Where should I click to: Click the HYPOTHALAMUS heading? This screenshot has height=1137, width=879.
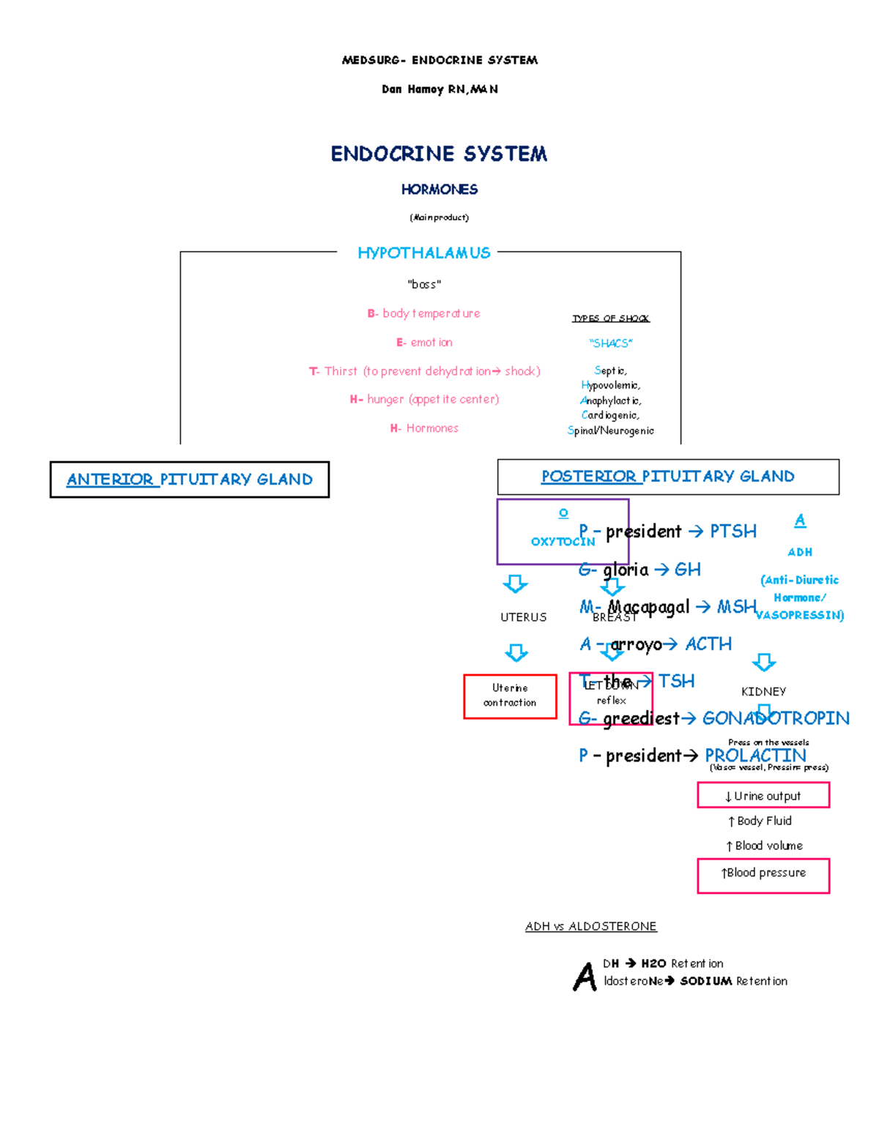click(x=423, y=253)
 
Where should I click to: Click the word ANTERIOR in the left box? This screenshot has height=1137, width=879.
click(x=110, y=480)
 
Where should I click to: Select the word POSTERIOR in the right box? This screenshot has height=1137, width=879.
click(x=588, y=477)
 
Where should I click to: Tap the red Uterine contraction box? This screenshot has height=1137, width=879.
click(x=510, y=696)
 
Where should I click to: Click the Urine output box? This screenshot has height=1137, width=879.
click(x=763, y=796)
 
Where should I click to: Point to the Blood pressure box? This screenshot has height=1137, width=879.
click(x=763, y=874)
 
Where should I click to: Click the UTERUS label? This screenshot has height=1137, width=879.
click(x=523, y=617)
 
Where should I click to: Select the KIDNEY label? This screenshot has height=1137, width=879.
click(x=763, y=692)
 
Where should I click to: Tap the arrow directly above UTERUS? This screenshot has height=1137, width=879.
click(x=515, y=584)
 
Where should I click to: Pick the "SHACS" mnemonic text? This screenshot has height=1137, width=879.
click(x=610, y=343)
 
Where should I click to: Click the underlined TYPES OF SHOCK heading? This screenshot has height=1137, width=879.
click(x=610, y=318)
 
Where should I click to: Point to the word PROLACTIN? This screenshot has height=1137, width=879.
click(x=754, y=756)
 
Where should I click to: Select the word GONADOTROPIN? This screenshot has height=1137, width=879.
click(x=775, y=718)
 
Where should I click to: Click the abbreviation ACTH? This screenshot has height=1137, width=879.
click(x=708, y=644)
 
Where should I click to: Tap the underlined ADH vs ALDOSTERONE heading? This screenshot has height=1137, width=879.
click(x=590, y=927)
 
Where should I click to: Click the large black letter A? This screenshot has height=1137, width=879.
click(x=585, y=976)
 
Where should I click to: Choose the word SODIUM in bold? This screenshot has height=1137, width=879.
click(x=705, y=982)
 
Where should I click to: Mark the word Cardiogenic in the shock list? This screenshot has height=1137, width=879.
click(x=610, y=415)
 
